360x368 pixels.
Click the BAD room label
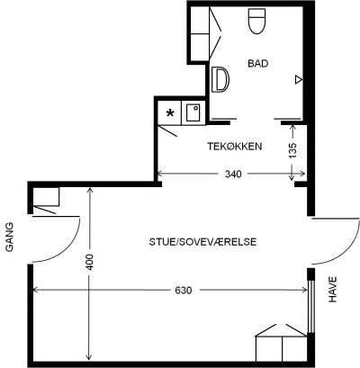[x=258, y=64]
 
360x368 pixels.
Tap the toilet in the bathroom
[x=257, y=21]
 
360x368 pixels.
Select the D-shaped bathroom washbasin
[x=220, y=79]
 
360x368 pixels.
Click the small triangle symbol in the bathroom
[x=298, y=80]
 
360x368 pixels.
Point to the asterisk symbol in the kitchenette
[x=170, y=113]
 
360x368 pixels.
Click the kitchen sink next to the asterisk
[x=193, y=112]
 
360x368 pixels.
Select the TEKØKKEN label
[x=235, y=147]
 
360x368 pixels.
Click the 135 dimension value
[x=292, y=150]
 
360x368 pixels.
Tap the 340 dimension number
[x=233, y=174]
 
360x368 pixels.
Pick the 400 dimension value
[x=90, y=262]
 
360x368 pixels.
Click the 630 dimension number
[x=184, y=291]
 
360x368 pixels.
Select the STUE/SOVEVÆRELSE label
[x=202, y=242]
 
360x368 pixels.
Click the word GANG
[x=9, y=237]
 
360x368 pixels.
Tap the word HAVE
[x=333, y=289]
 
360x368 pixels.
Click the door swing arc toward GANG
[x=67, y=249]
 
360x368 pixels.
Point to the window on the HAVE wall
[x=311, y=305]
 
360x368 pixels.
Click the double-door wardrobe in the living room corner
[x=282, y=343]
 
